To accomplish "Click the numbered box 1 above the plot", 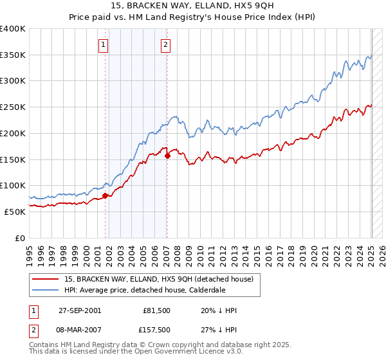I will coord(104,44).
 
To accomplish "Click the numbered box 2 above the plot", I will coord(165,44).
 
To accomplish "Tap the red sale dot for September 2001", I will coord(105,195).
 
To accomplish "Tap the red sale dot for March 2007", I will coord(167,156).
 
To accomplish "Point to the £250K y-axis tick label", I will coord(14,107).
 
